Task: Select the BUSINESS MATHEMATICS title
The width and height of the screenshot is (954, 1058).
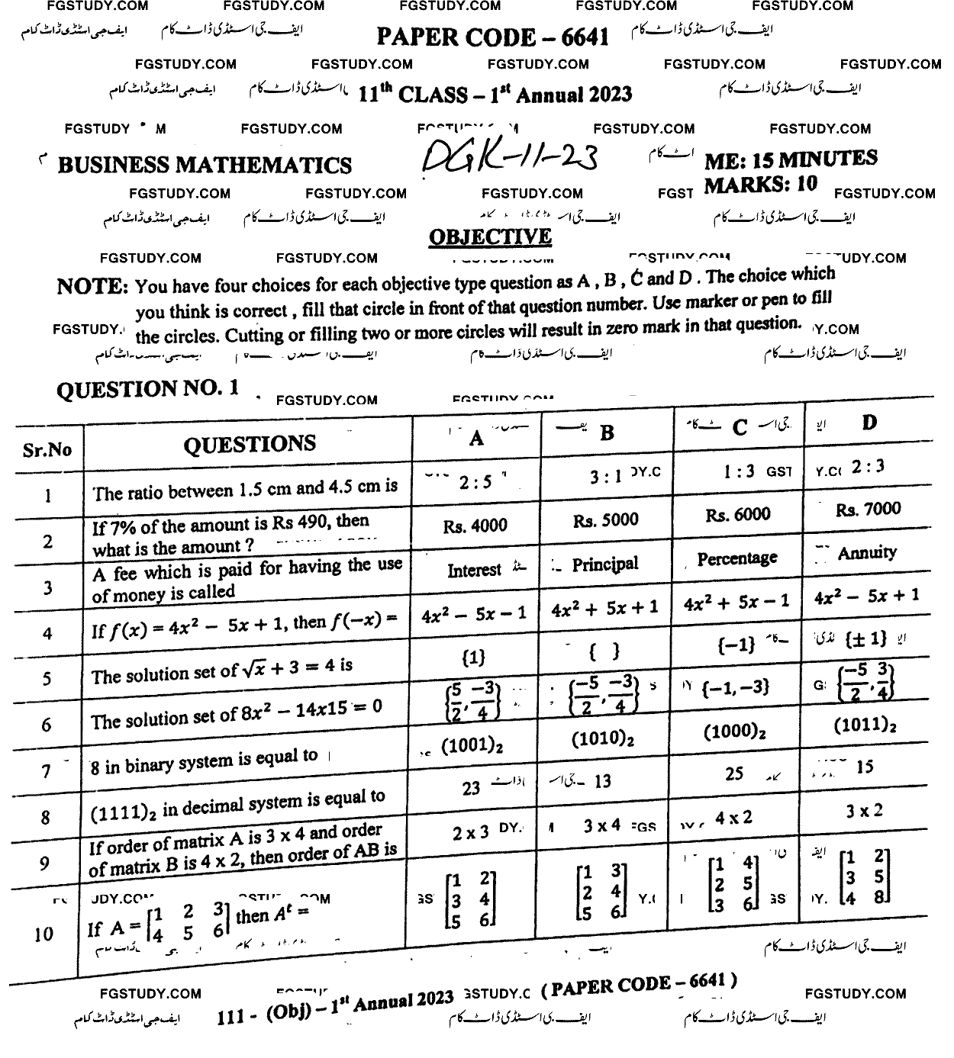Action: point(205,165)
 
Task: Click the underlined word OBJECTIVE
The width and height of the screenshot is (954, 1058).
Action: point(490,237)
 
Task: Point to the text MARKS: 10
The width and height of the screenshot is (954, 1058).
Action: point(760,184)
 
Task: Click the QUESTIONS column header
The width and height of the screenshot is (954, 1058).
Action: point(249,444)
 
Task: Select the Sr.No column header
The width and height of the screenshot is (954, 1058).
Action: point(47,450)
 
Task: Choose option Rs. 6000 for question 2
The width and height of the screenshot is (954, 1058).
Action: point(737,515)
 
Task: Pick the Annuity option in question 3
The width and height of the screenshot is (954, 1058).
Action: point(867,552)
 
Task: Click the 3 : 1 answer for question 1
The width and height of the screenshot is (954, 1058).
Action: point(606,477)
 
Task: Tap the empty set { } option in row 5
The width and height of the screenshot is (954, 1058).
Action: point(604,651)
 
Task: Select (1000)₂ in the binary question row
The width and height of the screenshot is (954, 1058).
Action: point(734,732)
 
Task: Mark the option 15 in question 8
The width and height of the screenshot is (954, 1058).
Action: point(864,767)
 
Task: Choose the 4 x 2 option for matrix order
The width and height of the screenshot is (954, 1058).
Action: point(733,818)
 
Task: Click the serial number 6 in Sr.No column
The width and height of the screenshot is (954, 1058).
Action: point(47,725)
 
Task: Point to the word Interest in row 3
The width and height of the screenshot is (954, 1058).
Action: point(474,570)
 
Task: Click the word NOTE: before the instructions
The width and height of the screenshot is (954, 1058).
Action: point(92,287)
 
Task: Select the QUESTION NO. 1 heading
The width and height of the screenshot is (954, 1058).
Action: point(147,389)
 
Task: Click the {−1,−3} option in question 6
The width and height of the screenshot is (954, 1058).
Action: point(735,687)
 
